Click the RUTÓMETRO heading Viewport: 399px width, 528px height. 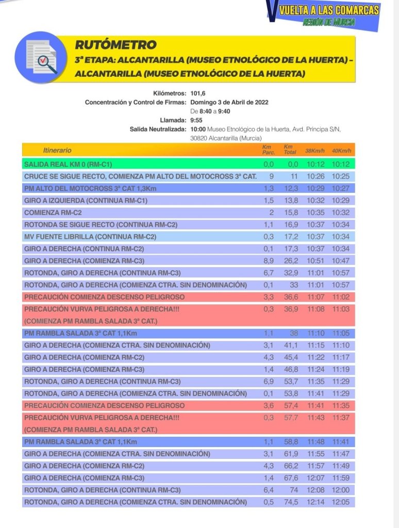[115, 45]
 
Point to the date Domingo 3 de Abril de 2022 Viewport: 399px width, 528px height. [229, 102]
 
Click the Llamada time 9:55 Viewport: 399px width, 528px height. [196, 120]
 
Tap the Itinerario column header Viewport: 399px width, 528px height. [57, 151]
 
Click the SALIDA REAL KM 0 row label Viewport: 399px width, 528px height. [68, 164]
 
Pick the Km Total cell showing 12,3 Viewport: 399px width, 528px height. [291, 189]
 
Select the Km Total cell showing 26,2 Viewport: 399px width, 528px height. [291, 261]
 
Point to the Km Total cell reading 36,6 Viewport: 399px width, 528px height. [291, 297]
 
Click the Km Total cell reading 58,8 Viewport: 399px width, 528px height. [291, 442]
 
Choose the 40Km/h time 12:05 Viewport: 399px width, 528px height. [341, 502]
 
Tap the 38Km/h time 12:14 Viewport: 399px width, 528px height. [315, 502]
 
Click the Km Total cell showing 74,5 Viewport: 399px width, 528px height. [291, 502]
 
